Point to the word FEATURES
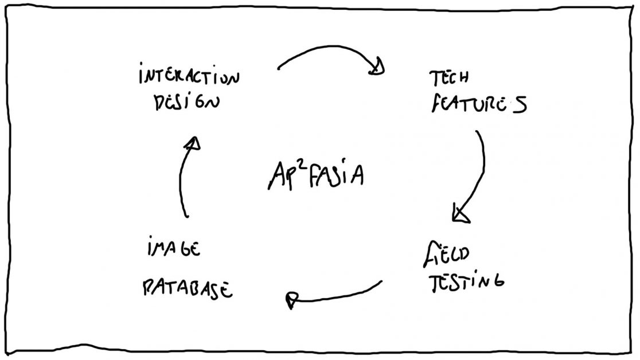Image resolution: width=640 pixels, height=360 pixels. coord(478,105)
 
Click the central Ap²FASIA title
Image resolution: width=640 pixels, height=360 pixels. coord(315,175)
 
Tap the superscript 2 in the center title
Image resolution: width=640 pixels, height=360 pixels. coord(298,165)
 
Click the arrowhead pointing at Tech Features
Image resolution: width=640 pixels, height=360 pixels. coord(377,68)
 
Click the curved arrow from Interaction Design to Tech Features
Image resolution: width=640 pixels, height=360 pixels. coord(327,52)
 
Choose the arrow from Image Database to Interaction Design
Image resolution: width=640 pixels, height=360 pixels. coord(182,178)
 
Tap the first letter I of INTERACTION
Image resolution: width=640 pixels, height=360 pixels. coord(141,76)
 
